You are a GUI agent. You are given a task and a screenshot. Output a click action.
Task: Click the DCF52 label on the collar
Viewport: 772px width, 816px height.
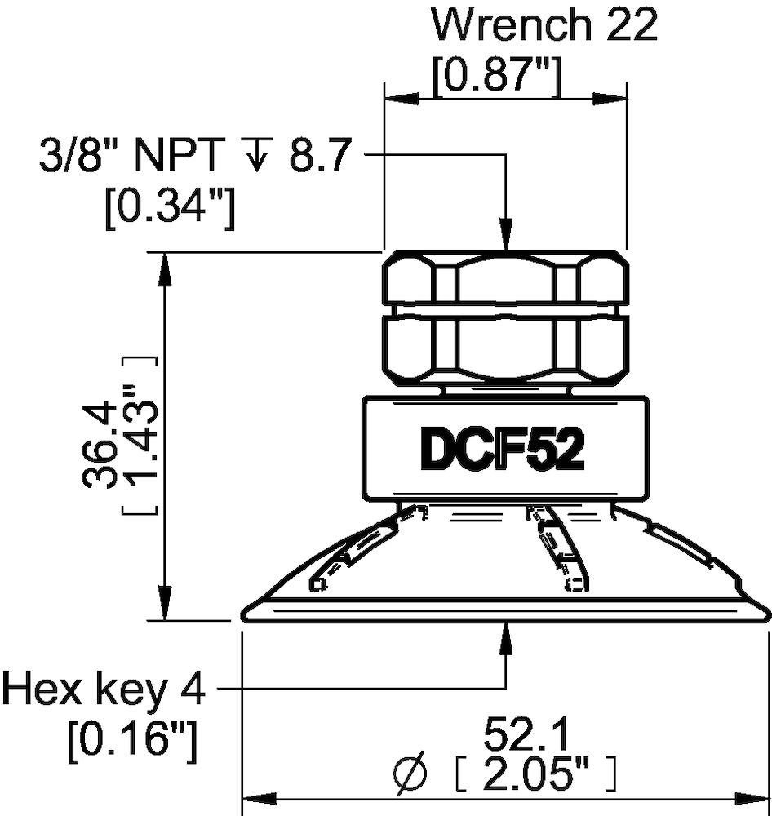click(x=502, y=450)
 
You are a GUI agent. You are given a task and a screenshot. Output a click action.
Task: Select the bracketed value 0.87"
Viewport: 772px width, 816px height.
click(x=496, y=78)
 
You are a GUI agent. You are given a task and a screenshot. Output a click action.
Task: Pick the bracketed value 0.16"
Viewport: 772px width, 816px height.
click(x=133, y=741)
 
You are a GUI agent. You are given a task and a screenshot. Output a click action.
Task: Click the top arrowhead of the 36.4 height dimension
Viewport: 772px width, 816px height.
click(x=166, y=266)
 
